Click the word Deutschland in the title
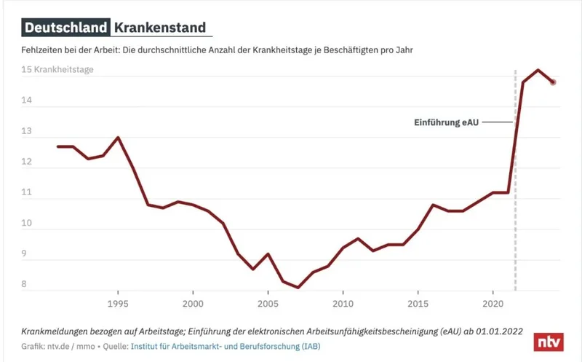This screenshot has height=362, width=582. (x=65, y=28)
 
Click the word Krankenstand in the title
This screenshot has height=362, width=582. (x=159, y=28)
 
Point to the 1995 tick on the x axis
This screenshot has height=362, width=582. (x=118, y=302)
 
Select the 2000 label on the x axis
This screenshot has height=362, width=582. (x=193, y=302)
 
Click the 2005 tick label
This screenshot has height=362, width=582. (x=268, y=302)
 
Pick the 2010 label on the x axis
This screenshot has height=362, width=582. (x=343, y=302)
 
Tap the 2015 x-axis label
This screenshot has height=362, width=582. (x=418, y=302)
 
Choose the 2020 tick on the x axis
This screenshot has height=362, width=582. (x=493, y=302)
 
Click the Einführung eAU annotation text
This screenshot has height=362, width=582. (x=445, y=122)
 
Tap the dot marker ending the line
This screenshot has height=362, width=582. (x=553, y=82)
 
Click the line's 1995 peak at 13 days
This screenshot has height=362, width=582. (x=118, y=137)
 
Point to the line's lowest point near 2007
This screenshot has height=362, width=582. (x=298, y=287)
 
